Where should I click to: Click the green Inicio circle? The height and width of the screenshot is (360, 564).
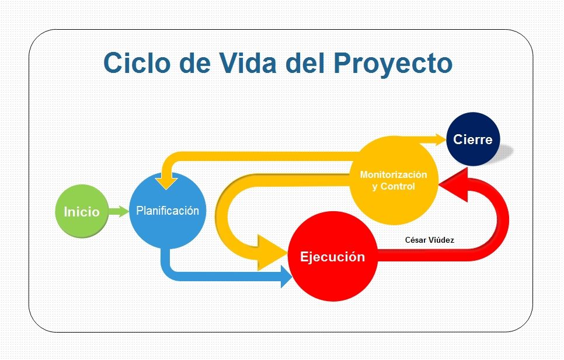coord(82,211)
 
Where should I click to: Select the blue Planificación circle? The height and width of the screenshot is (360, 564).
coord(167,210)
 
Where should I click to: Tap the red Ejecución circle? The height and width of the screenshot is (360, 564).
coord(333,257)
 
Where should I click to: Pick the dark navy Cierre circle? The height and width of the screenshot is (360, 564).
coord(473,139)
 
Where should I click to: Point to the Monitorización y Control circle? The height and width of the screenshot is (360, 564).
coord(394,180)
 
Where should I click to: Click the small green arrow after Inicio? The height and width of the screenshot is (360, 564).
coord(119,211)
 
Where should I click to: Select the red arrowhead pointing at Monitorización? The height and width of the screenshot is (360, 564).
coord(454,185)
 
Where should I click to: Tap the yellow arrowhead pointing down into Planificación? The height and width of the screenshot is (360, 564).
coord(166,181)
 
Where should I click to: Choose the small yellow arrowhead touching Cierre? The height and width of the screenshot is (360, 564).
coord(441,139)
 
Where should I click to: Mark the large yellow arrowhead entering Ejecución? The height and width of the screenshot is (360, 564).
coord(272,253)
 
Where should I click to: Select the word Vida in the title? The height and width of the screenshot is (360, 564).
coord(248,63)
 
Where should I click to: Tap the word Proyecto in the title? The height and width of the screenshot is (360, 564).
coord(393,64)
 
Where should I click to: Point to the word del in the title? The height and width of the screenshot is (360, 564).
coord(305,63)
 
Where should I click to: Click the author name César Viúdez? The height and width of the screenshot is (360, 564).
coord(430,240)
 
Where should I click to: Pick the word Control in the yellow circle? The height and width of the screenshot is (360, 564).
coord(398,187)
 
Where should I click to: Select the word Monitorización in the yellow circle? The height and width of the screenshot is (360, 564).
coord(394,174)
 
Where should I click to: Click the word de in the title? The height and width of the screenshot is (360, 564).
coord(194,63)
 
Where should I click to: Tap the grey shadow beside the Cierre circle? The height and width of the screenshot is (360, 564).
coord(503,153)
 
